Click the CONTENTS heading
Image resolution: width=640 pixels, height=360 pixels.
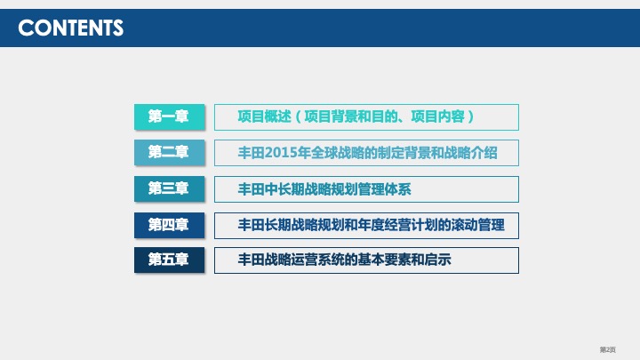[x=71, y=28]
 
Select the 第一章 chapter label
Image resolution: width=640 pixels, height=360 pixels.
[x=169, y=116]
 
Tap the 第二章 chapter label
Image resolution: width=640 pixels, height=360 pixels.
[x=169, y=152]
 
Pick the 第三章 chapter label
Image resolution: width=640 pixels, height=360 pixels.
[x=169, y=188]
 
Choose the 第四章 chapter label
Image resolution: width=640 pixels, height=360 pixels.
[x=169, y=225]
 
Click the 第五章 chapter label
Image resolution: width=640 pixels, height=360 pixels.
[x=169, y=260]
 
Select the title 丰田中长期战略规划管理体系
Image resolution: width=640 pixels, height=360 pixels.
[x=324, y=188]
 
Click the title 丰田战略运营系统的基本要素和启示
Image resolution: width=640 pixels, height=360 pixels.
[x=345, y=260]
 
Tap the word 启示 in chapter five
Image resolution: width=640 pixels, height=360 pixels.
[x=439, y=260]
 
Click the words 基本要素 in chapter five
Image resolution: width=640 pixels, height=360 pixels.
[x=383, y=260]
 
